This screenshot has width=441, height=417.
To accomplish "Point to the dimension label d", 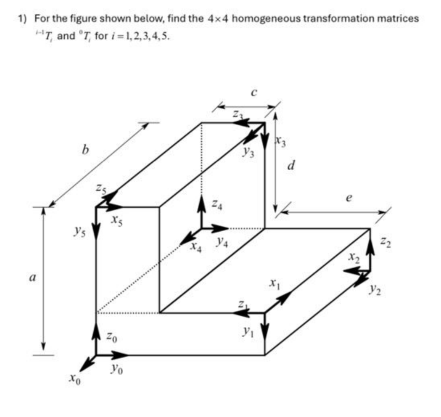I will coord(291,166).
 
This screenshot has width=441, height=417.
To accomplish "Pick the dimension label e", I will coord(350,199).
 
